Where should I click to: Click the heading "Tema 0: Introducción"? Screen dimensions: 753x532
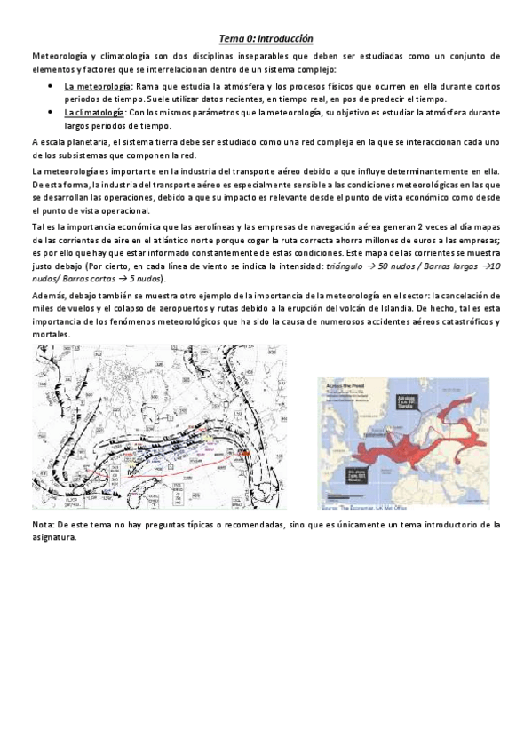pyautogui.click(x=266, y=39)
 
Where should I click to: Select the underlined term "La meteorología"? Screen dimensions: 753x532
pyautogui.click(x=97, y=86)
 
